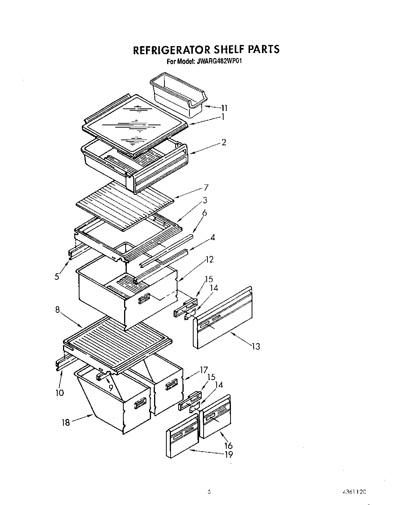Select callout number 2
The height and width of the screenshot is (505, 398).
224,142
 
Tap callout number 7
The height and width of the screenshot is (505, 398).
206,188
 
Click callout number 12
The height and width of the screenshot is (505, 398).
209,260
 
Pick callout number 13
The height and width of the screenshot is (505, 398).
256,347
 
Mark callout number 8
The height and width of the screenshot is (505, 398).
58,309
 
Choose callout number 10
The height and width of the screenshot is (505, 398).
60,393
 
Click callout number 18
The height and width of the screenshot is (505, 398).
66,422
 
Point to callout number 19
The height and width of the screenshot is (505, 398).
228,455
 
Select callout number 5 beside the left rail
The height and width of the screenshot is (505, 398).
57,276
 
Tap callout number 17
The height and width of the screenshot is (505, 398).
204,370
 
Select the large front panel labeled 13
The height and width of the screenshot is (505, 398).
223,319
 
